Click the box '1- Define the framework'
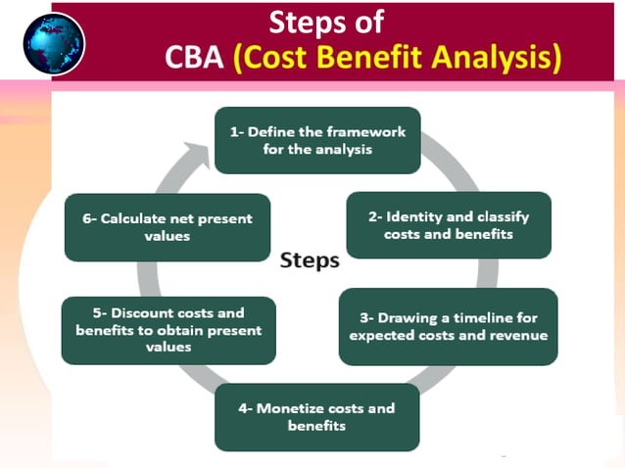[317, 140]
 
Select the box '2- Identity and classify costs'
[449, 225]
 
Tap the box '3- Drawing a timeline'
[449, 327]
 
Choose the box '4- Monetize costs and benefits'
[317, 416]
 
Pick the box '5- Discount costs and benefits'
[168, 330]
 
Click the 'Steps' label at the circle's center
[310, 260]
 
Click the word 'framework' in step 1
[367, 132]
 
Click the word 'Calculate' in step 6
[134, 218]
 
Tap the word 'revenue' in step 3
[518, 336]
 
